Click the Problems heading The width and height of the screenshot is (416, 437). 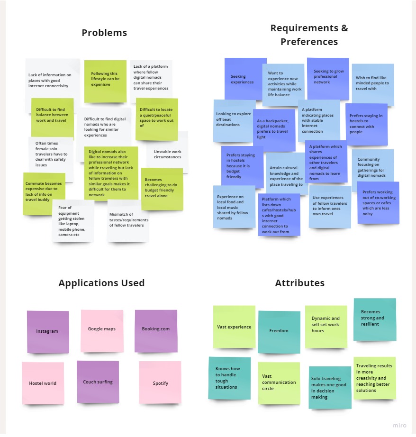(x=104, y=33)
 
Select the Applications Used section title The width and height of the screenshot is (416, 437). (x=101, y=283)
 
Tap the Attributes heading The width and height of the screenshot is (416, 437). (x=299, y=283)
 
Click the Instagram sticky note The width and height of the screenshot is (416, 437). (x=47, y=331)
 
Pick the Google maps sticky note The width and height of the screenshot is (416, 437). (x=102, y=329)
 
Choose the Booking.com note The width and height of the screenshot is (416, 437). (x=156, y=329)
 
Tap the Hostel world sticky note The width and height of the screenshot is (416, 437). (x=43, y=383)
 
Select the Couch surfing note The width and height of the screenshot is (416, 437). (x=98, y=382)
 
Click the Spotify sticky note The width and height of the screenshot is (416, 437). (x=160, y=383)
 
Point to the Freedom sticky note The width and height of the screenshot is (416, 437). (x=279, y=331)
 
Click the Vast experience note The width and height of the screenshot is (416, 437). (x=234, y=327)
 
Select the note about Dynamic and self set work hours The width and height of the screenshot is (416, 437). (x=326, y=325)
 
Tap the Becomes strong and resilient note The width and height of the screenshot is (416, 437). (x=374, y=318)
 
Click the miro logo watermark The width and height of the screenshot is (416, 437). (x=399, y=425)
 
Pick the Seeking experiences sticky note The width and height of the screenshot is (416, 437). (x=245, y=79)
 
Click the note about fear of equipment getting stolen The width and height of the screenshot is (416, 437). (x=73, y=221)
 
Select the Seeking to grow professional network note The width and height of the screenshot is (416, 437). (x=328, y=77)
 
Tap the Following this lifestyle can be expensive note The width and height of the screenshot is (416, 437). (x=105, y=79)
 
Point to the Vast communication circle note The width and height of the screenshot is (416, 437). (x=279, y=382)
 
